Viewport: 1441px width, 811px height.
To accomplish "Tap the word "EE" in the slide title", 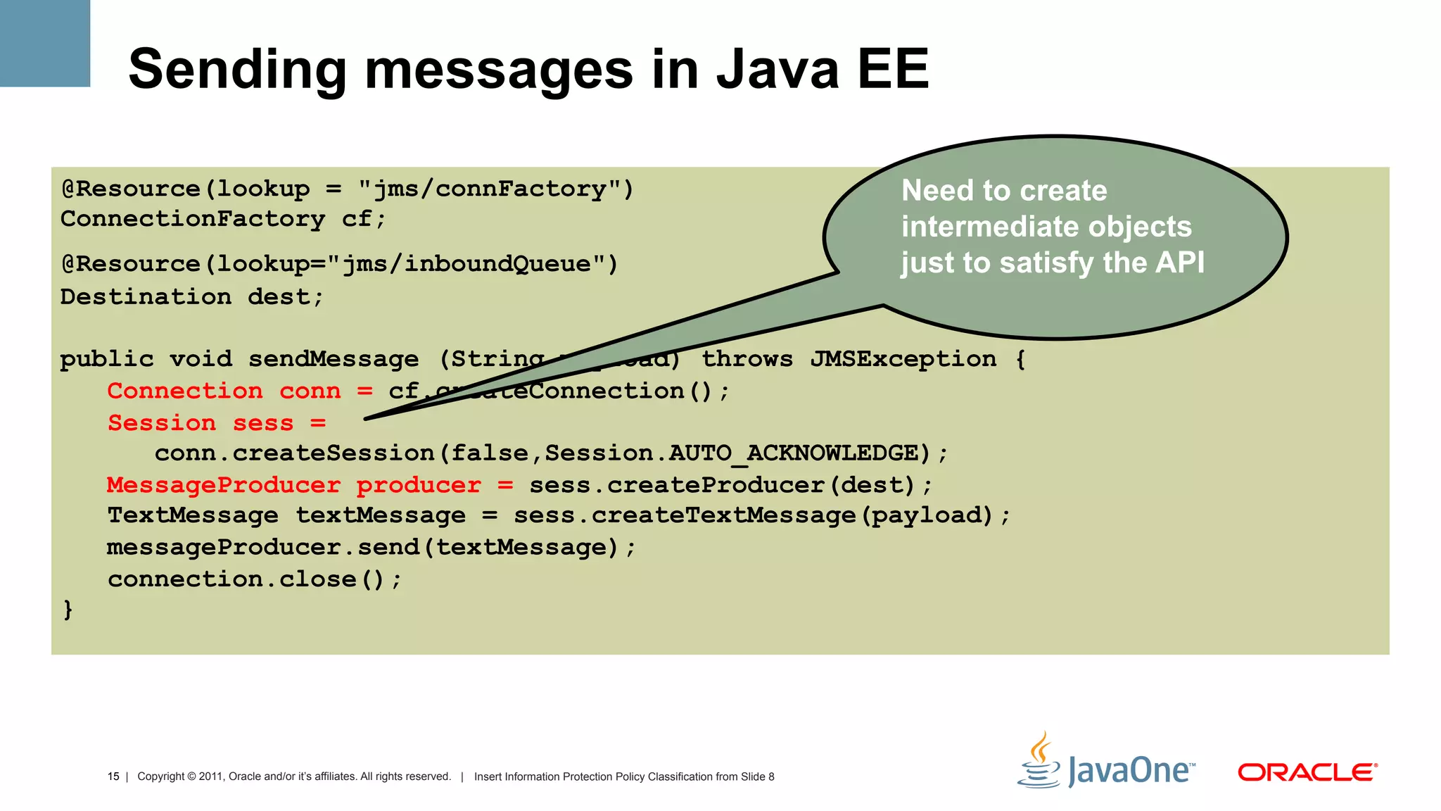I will pos(893,69).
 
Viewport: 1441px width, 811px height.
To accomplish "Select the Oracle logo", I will pos(1307,772).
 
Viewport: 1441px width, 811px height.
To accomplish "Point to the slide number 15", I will pos(113,777).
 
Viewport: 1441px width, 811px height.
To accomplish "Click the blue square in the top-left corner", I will pos(45,43).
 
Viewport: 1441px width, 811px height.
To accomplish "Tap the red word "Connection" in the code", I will pos(184,391).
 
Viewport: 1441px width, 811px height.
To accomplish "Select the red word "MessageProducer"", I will pos(223,485).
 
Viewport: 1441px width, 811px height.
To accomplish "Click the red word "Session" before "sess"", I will pos(161,423).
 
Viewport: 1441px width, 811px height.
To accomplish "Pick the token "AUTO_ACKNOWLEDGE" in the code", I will pos(794,453).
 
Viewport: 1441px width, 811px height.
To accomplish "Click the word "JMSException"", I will pos(903,359).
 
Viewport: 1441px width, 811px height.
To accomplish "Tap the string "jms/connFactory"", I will pos(490,189).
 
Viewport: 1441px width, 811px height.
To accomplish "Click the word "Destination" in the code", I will pos(146,296).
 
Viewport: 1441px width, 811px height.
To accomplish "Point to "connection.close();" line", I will pos(254,579).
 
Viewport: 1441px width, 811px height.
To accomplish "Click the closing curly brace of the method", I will pos(68,609).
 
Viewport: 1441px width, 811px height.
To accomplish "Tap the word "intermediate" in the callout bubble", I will pos(978,227).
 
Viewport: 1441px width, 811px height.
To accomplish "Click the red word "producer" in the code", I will pos(418,485).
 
